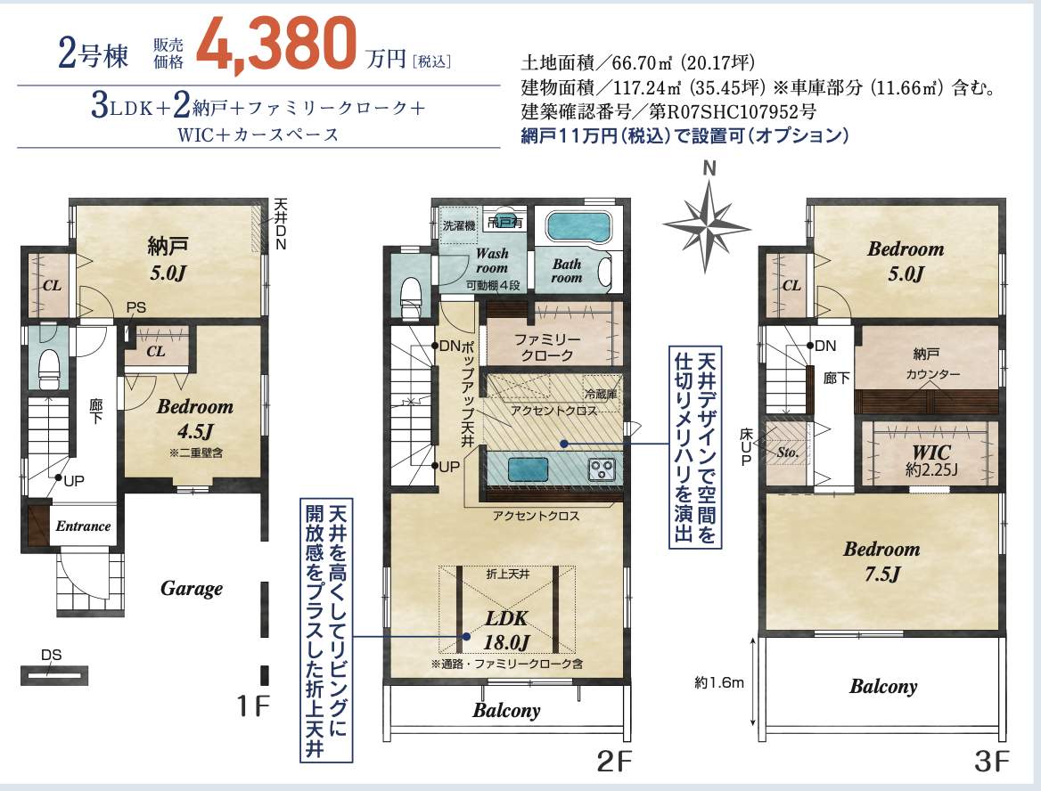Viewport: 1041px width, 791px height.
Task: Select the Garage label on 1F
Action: coord(192,589)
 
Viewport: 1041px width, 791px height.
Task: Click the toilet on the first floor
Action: coord(49,368)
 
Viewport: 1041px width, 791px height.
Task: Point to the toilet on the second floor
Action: coord(412,298)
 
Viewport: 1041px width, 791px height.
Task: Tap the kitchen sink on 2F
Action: coord(528,469)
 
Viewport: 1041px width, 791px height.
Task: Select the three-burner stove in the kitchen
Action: coord(602,469)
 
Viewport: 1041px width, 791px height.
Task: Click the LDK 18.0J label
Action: coord(506,630)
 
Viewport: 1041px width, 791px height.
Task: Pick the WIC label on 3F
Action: coord(930,461)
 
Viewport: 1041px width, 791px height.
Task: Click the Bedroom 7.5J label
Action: coord(881,560)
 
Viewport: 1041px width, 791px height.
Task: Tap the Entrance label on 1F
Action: coord(83,526)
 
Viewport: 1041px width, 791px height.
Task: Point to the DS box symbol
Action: coord(53,675)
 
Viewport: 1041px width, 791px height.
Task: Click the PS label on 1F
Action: coord(136,308)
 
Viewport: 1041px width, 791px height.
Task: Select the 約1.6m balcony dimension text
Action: coord(719,682)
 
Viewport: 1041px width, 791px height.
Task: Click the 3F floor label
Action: coord(991,761)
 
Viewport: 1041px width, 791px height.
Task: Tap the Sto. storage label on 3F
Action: coord(787,453)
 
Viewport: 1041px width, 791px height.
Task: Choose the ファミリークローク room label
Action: coord(547,347)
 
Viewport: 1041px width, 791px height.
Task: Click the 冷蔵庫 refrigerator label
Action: coord(600,395)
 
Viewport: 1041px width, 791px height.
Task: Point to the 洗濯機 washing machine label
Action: coord(459,225)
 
